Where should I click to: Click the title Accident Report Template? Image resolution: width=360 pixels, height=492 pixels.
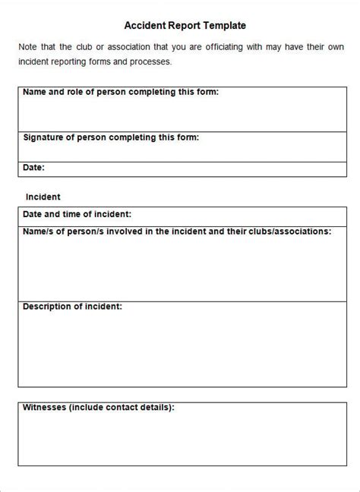click(180, 25)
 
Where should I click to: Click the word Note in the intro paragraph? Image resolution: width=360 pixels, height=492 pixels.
click(28, 47)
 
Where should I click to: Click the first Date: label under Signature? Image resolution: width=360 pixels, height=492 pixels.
click(33, 167)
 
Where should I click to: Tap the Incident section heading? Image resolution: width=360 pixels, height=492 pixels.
click(43, 197)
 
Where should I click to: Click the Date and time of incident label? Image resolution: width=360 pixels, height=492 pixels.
click(77, 214)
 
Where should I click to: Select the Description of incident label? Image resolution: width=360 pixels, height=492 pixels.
click(72, 307)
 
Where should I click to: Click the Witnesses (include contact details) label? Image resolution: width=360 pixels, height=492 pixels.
click(99, 408)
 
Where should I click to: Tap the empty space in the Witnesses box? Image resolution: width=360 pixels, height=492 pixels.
click(180, 440)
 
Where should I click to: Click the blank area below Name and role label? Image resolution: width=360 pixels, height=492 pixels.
click(180, 114)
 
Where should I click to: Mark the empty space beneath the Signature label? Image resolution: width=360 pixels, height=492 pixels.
click(180, 151)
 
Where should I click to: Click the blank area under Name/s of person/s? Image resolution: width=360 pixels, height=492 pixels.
click(180, 266)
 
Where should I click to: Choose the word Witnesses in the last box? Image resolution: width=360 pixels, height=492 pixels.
click(44, 408)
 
